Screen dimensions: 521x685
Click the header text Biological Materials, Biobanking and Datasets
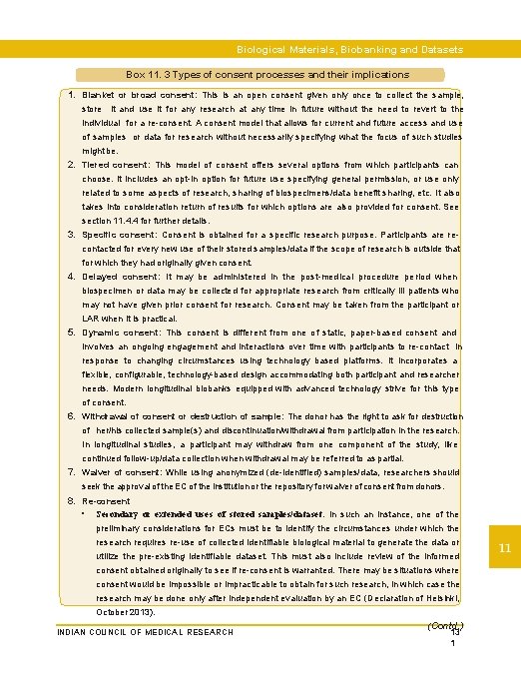pos(349,49)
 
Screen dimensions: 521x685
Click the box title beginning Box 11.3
pos(267,75)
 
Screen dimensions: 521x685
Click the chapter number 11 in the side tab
pos(505,547)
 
